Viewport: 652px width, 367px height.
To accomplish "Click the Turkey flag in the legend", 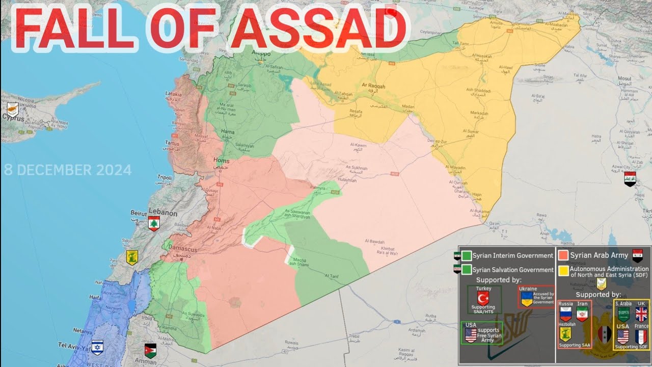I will (483, 298).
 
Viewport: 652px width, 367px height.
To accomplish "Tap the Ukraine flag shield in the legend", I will (526, 298).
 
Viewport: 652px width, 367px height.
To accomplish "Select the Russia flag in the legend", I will (565, 313).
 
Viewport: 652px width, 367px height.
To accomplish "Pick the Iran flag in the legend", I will (582, 313).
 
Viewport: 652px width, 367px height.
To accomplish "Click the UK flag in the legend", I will (641, 313).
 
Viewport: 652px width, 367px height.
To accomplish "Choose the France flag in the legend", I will (641, 337).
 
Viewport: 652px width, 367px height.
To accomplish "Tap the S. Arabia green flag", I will (623, 313).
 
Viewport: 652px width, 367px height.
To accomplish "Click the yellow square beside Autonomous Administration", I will (563, 271).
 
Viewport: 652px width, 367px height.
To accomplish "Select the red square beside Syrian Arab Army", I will (563, 255).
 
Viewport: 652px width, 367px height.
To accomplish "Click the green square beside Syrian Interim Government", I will (467, 255).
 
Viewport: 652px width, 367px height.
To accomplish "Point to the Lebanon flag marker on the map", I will (154, 223).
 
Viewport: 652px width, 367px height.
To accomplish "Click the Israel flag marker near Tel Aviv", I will (97, 347).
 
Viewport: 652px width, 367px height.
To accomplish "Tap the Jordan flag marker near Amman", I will (150, 351).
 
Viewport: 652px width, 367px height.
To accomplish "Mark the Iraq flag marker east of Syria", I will (630, 178).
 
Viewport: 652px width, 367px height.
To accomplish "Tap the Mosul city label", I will (624, 78).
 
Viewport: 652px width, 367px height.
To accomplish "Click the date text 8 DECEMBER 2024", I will (67, 170).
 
